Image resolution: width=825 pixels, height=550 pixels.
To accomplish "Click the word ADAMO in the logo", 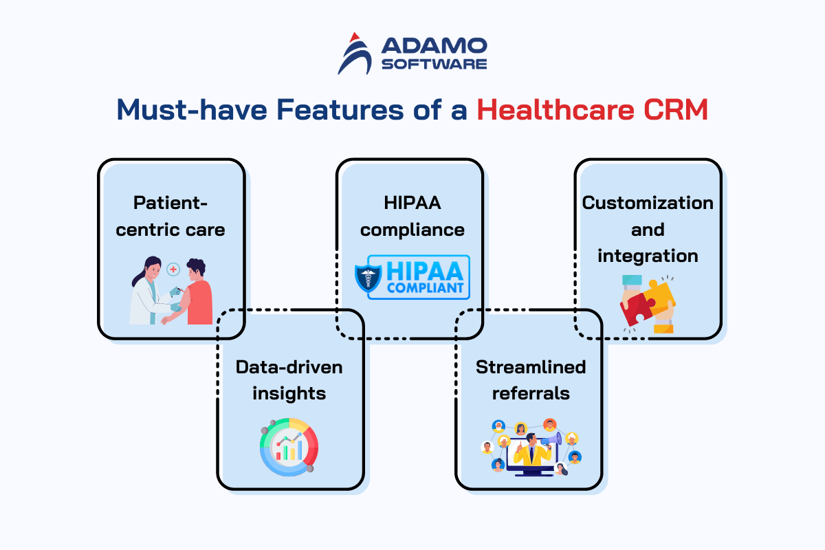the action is click(434, 45).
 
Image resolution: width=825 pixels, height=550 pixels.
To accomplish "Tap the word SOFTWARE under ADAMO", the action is click(434, 64).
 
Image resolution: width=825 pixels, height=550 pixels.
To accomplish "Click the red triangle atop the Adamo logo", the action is click(354, 37).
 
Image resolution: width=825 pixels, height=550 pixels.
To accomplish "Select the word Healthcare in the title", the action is click(555, 109).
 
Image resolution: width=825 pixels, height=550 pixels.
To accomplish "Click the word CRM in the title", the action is click(676, 109).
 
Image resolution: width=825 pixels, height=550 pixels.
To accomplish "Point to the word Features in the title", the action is click(340, 109).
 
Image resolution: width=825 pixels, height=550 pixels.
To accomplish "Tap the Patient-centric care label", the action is click(170, 217).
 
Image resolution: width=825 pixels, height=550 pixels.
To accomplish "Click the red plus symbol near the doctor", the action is click(173, 269).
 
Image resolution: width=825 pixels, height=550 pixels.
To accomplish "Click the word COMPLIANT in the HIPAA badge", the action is click(425, 287).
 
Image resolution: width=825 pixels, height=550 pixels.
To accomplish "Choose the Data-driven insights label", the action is click(289, 380).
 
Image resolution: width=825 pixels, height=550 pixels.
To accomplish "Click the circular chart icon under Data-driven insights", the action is click(289, 448).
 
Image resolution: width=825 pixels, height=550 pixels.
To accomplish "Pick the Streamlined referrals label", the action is click(531, 380).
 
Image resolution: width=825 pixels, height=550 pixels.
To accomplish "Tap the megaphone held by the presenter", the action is click(551, 439).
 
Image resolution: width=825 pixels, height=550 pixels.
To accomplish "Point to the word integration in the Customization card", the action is click(648, 256).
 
